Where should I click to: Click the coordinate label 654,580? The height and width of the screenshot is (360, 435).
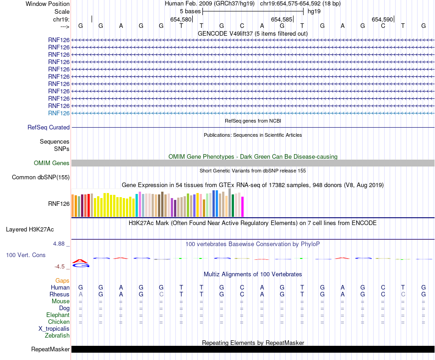[x=181, y=20]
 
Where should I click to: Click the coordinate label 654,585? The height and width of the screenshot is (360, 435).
[x=282, y=20]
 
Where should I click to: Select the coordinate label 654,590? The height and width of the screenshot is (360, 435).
[x=382, y=20]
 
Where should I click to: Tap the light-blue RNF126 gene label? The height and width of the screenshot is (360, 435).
[x=59, y=113]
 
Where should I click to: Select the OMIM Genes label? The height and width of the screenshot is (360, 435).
[x=52, y=163]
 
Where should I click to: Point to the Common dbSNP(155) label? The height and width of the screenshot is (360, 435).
[x=41, y=177]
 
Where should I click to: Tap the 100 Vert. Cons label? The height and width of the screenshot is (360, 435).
[x=26, y=255]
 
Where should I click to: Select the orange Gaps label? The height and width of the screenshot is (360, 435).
[x=62, y=280]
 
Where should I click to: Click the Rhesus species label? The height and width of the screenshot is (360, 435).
[x=60, y=294]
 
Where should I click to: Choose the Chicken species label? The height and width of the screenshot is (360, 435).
[x=59, y=322]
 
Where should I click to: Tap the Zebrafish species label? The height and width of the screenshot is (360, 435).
[x=57, y=336]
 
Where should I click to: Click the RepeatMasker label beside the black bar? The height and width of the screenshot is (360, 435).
[x=50, y=349]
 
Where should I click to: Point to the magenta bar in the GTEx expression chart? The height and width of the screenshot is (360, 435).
[x=243, y=206]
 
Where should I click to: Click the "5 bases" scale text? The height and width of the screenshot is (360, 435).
[x=190, y=11]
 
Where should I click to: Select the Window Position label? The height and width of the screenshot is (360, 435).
[x=48, y=4]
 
